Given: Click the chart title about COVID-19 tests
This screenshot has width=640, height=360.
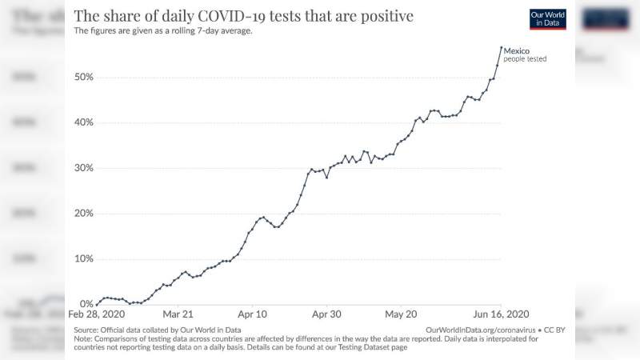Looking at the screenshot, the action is [244, 16].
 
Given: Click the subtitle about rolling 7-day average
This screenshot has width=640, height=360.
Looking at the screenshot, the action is [163, 30].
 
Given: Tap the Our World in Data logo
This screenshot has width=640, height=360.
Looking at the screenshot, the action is [548, 19].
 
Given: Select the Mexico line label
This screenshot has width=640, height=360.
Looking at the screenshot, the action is [516, 50].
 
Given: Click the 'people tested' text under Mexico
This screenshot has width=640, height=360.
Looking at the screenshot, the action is [525, 58].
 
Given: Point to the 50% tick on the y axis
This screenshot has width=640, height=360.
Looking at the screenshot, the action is [84, 77].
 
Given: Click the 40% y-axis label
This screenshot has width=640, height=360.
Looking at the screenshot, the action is [84, 122].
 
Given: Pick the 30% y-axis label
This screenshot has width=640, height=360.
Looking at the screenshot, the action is [84, 168].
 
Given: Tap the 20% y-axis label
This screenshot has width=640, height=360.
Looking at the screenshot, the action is [84, 213].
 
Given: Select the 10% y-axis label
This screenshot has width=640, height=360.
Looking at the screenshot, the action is [84, 258].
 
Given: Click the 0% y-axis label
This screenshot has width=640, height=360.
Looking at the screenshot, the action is [86, 304].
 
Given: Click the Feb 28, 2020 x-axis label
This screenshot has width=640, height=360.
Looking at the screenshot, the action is [96, 314].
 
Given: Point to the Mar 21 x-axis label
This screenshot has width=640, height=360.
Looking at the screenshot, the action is [178, 314].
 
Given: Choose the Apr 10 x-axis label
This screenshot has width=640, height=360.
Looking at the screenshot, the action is [252, 314].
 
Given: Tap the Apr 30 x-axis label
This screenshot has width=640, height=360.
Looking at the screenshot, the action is [326, 314].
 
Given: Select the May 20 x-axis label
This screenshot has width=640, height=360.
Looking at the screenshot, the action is [401, 314].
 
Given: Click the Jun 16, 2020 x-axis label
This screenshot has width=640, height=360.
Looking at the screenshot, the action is [502, 314].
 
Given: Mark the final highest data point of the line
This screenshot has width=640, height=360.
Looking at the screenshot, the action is [502, 47].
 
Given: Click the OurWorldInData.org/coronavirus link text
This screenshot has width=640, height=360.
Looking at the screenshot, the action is [481, 330].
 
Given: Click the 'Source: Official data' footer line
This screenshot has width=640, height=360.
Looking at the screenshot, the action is [157, 330].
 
